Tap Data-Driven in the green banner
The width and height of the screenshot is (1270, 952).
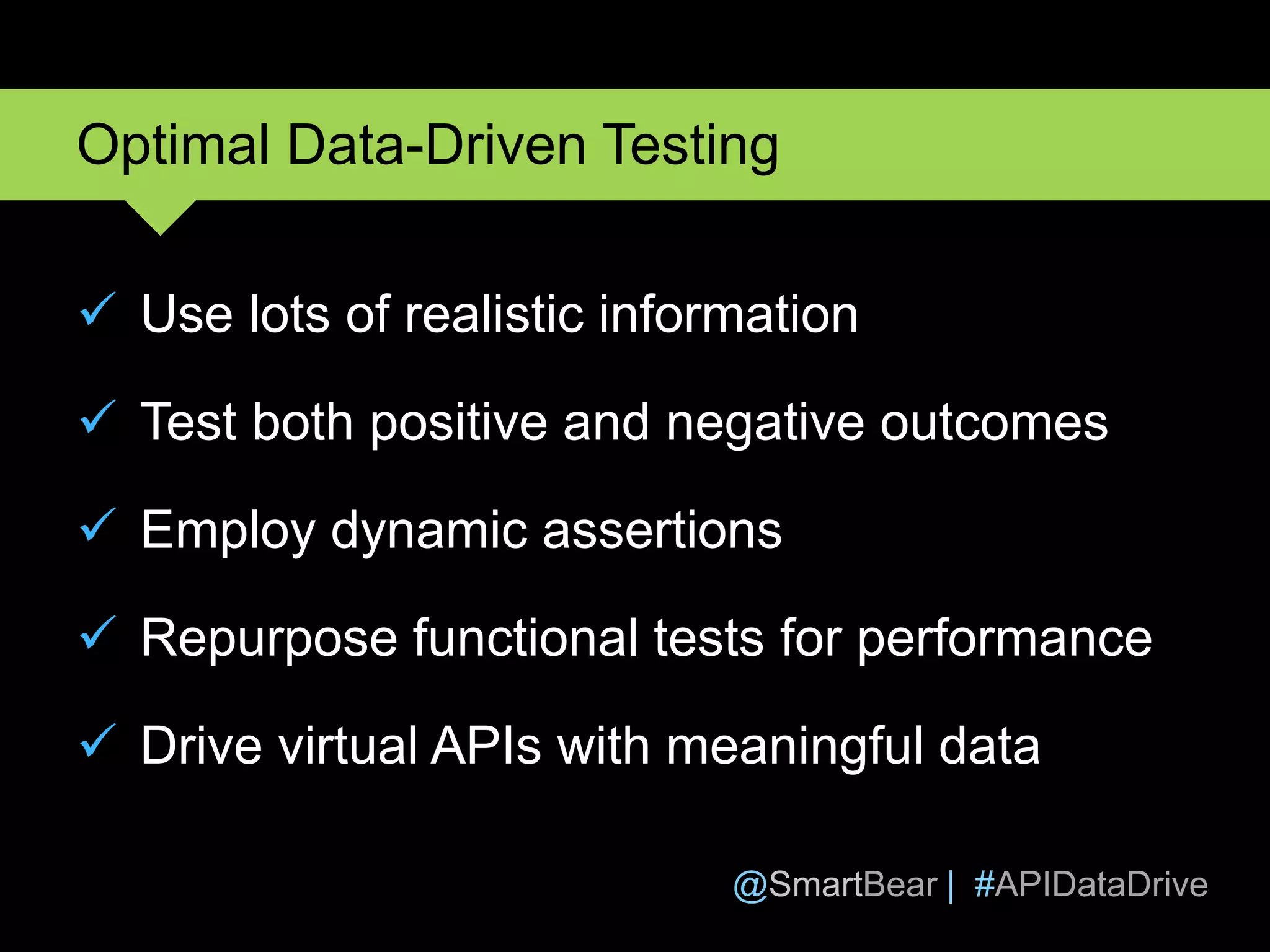(437, 146)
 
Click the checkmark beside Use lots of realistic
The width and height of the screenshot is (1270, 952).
(98, 309)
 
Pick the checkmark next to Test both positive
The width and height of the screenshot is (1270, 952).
(98, 417)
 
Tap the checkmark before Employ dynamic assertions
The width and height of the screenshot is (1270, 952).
(98, 525)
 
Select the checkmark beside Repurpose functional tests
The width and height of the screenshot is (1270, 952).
(98, 633)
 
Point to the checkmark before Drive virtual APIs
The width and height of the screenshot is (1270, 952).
(98, 741)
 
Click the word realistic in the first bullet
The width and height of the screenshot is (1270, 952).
(494, 314)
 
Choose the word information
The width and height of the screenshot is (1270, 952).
(728, 314)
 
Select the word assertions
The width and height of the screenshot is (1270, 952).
(662, 531)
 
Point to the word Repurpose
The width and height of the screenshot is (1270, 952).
(269, 639)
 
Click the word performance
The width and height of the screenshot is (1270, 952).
(1004, 639)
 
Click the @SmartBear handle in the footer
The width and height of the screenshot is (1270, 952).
(835, 884)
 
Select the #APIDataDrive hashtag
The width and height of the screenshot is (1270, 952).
(1091, 884)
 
